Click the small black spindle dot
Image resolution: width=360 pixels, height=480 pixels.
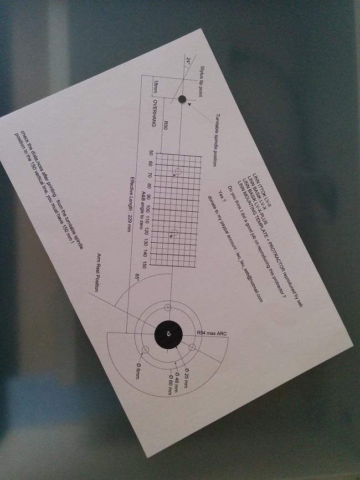(x=182, y=99)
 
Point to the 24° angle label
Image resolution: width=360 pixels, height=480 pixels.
(x=188, y=62)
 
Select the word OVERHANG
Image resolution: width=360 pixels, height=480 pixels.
(x=155, y=114)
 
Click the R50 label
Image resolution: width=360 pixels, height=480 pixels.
(x=166, y=125)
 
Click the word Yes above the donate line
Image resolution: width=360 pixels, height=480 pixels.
(x=222, y=197)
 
